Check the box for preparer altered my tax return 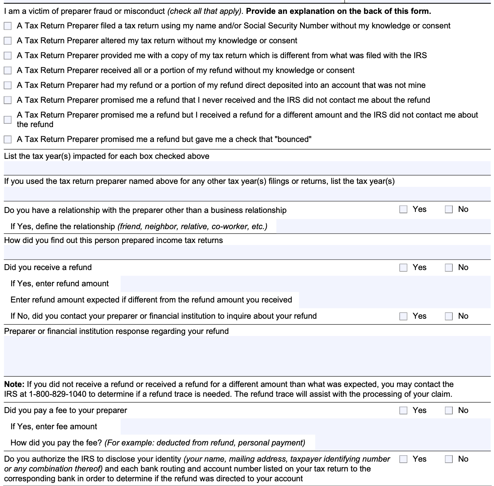point(7,41)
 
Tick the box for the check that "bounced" point(7,139)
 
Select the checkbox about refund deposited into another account point(7,85)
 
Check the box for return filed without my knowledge point(7,26)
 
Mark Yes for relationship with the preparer point(403,210)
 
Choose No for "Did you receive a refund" point(449,268)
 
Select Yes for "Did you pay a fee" point(403,411)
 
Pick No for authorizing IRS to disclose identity point(449,459)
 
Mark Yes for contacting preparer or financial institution point(403,316)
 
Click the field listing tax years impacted point(247,168)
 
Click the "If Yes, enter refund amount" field point(305,284)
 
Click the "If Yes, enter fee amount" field point(305,427)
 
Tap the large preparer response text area point(247,356)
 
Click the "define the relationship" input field point(383,226)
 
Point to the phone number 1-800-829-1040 point(57,394)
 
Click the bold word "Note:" point(14,384)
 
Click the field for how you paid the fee point(402,443)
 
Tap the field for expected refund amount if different point(394,300)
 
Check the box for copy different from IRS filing point(7,56)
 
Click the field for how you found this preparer point(247,252)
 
